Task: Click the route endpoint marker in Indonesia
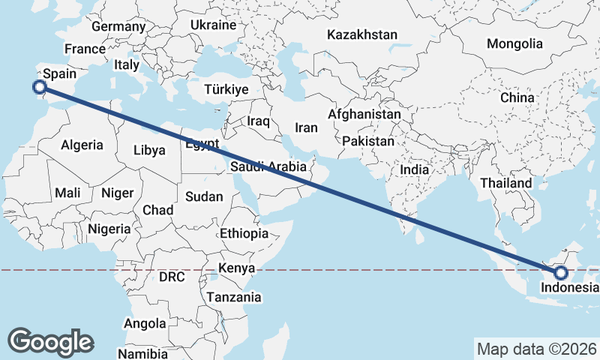[x=561, y=271]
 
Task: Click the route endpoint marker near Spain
[x=40, y=87]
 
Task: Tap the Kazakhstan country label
[x=362, y=34]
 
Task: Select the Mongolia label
[x=514, y=44]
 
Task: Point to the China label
[x=517, y=97]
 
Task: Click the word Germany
[x=118, y=26]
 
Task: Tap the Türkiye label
[x=226, y=89]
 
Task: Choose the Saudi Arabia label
[x=268, y=166]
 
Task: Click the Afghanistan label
[x=364, y=115]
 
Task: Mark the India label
[x=414, y=170]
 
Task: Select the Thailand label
[x=505, y=183]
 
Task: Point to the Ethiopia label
[x=244, y=234]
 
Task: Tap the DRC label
[x=172, y=277]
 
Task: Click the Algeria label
[x=81, y=145]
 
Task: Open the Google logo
[x=50, y=341]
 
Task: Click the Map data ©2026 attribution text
[x=536, y=349]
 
